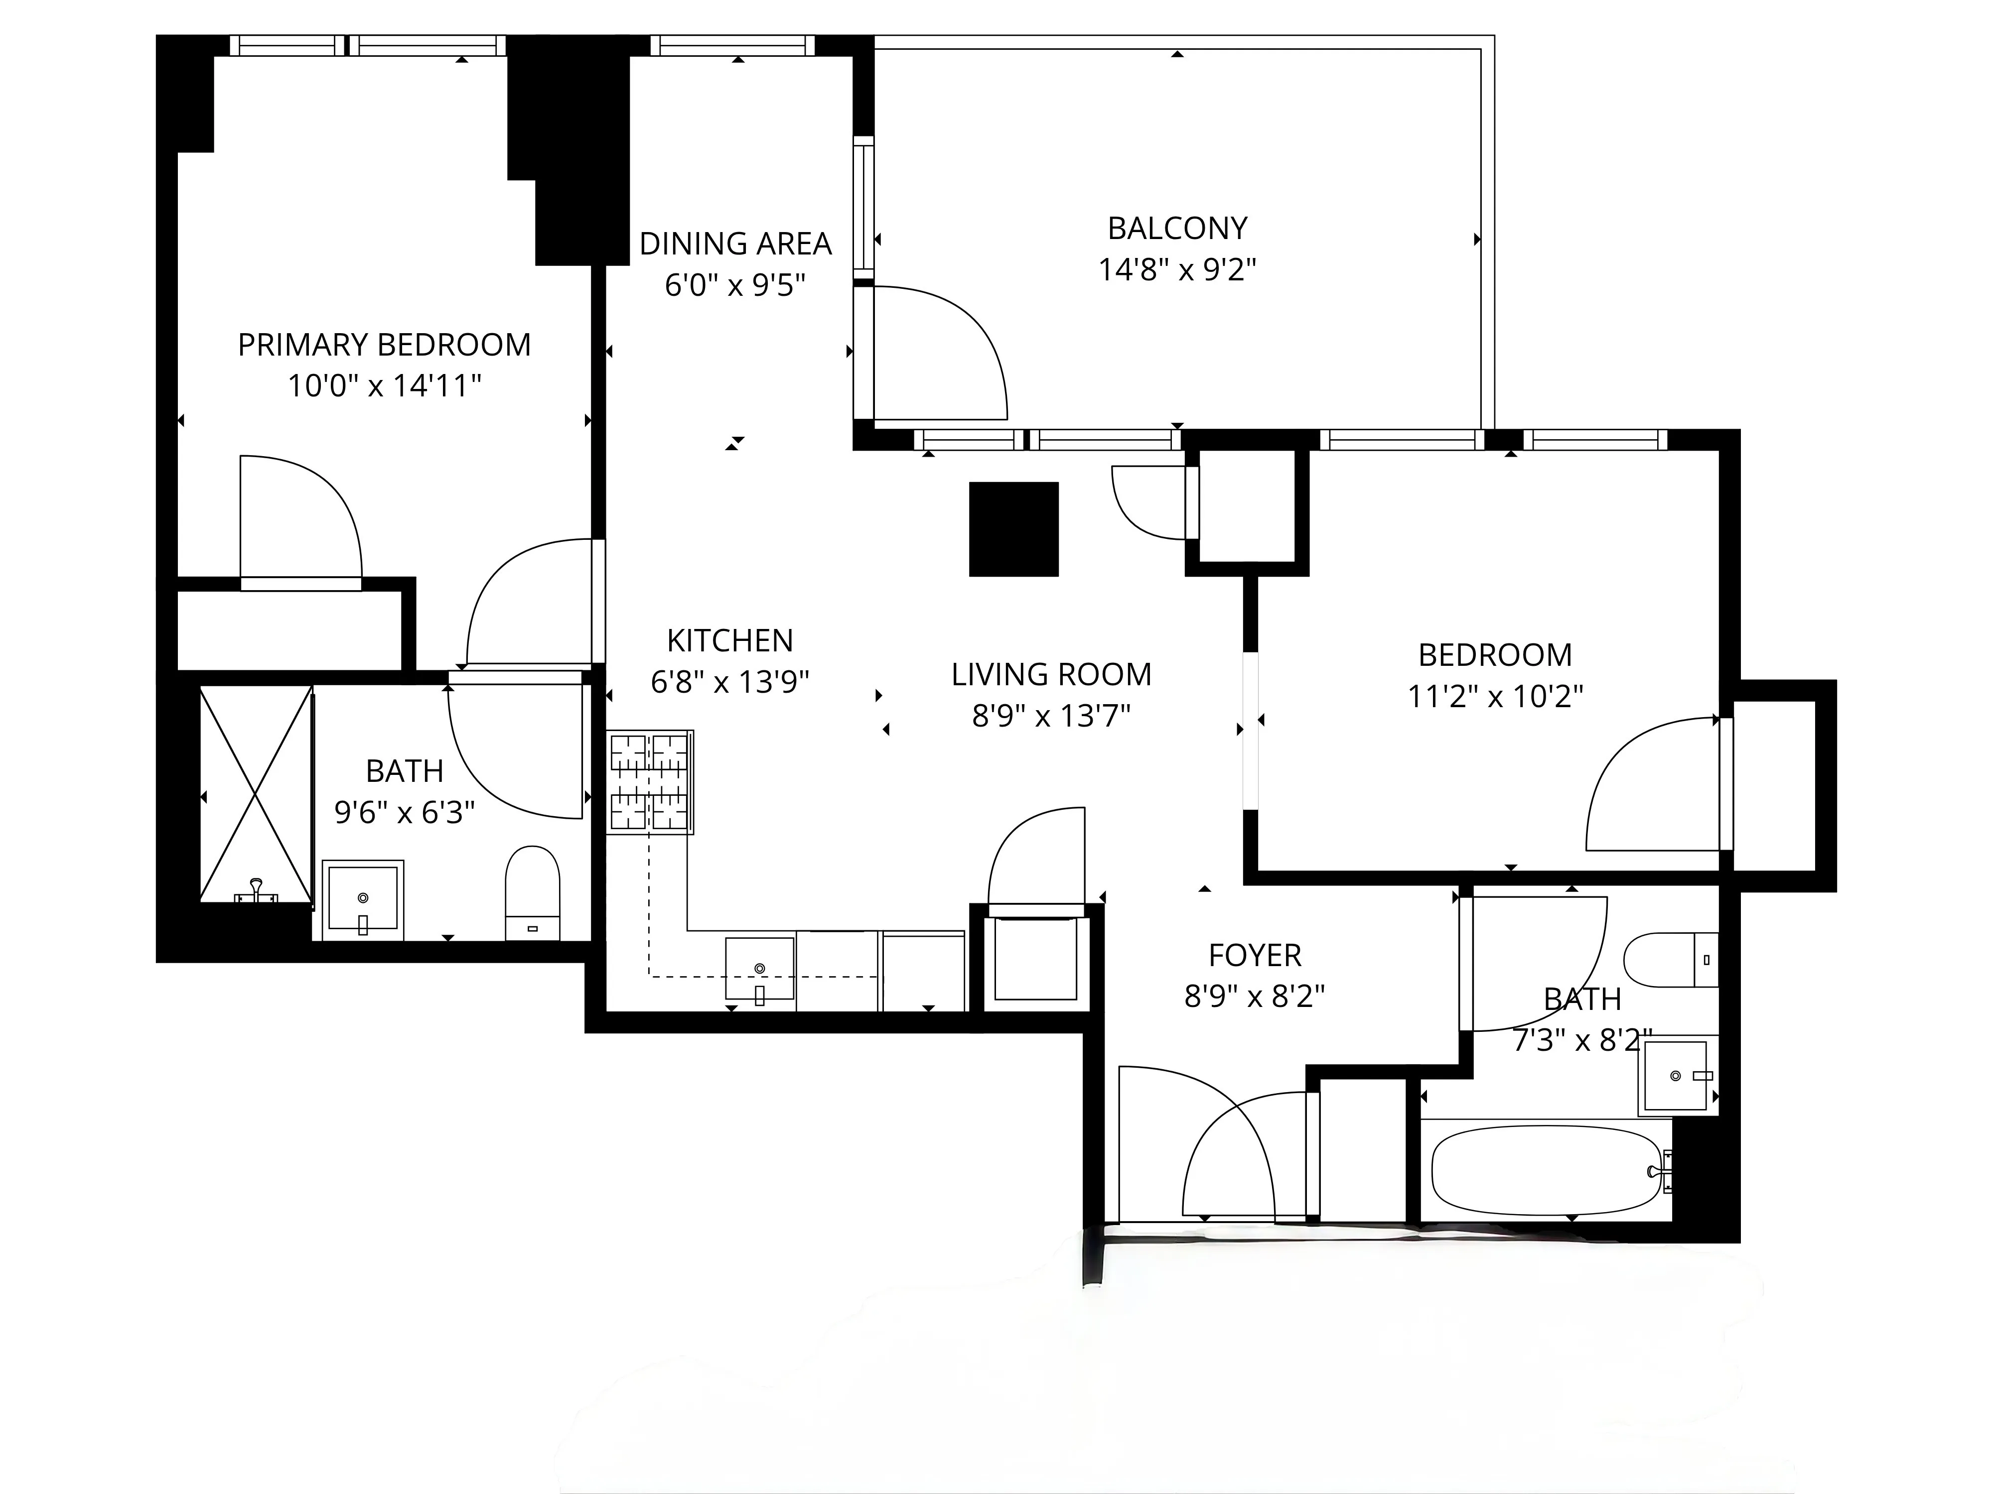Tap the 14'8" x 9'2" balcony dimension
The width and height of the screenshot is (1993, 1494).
click(x=1177, y=269)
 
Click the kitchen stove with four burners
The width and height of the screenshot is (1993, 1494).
click(x=650, y=781)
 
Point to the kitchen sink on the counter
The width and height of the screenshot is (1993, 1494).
click(x=759, y=969)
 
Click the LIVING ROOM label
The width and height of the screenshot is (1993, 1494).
click(x=1051, y=674)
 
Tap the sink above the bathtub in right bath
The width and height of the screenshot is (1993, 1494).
click(x=1676, y=1076)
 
